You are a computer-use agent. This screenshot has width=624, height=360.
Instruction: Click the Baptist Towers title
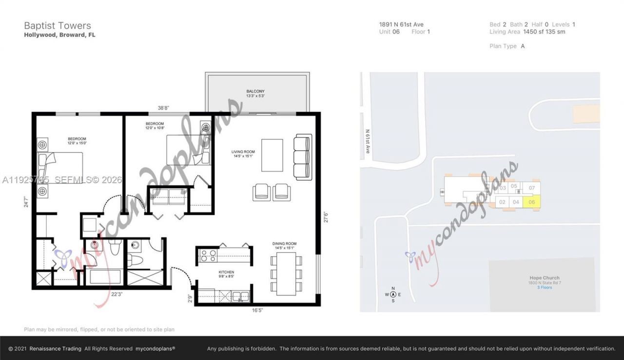click(x=58, y=26)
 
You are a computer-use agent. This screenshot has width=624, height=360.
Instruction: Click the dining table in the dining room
click(x=286, y=273)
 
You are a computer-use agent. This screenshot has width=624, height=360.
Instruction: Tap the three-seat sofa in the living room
click(x=302, y=158)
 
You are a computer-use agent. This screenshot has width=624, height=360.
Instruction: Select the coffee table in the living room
click(x=272, y=155)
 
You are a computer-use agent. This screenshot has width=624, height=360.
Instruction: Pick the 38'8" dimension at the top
click(x=163, y=108)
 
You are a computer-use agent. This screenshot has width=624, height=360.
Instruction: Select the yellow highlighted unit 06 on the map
click(x=531, y=202)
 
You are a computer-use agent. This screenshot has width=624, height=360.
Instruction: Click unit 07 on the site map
click(x=531, y=188)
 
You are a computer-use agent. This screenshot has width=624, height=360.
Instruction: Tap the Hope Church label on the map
click(x=544, y=278)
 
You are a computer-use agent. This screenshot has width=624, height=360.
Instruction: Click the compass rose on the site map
click(x=393, y=294)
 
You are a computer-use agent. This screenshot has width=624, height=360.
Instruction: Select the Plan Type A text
click(x=507, y=46)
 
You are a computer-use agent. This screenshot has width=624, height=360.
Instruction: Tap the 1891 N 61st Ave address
click(x=401, y=24)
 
